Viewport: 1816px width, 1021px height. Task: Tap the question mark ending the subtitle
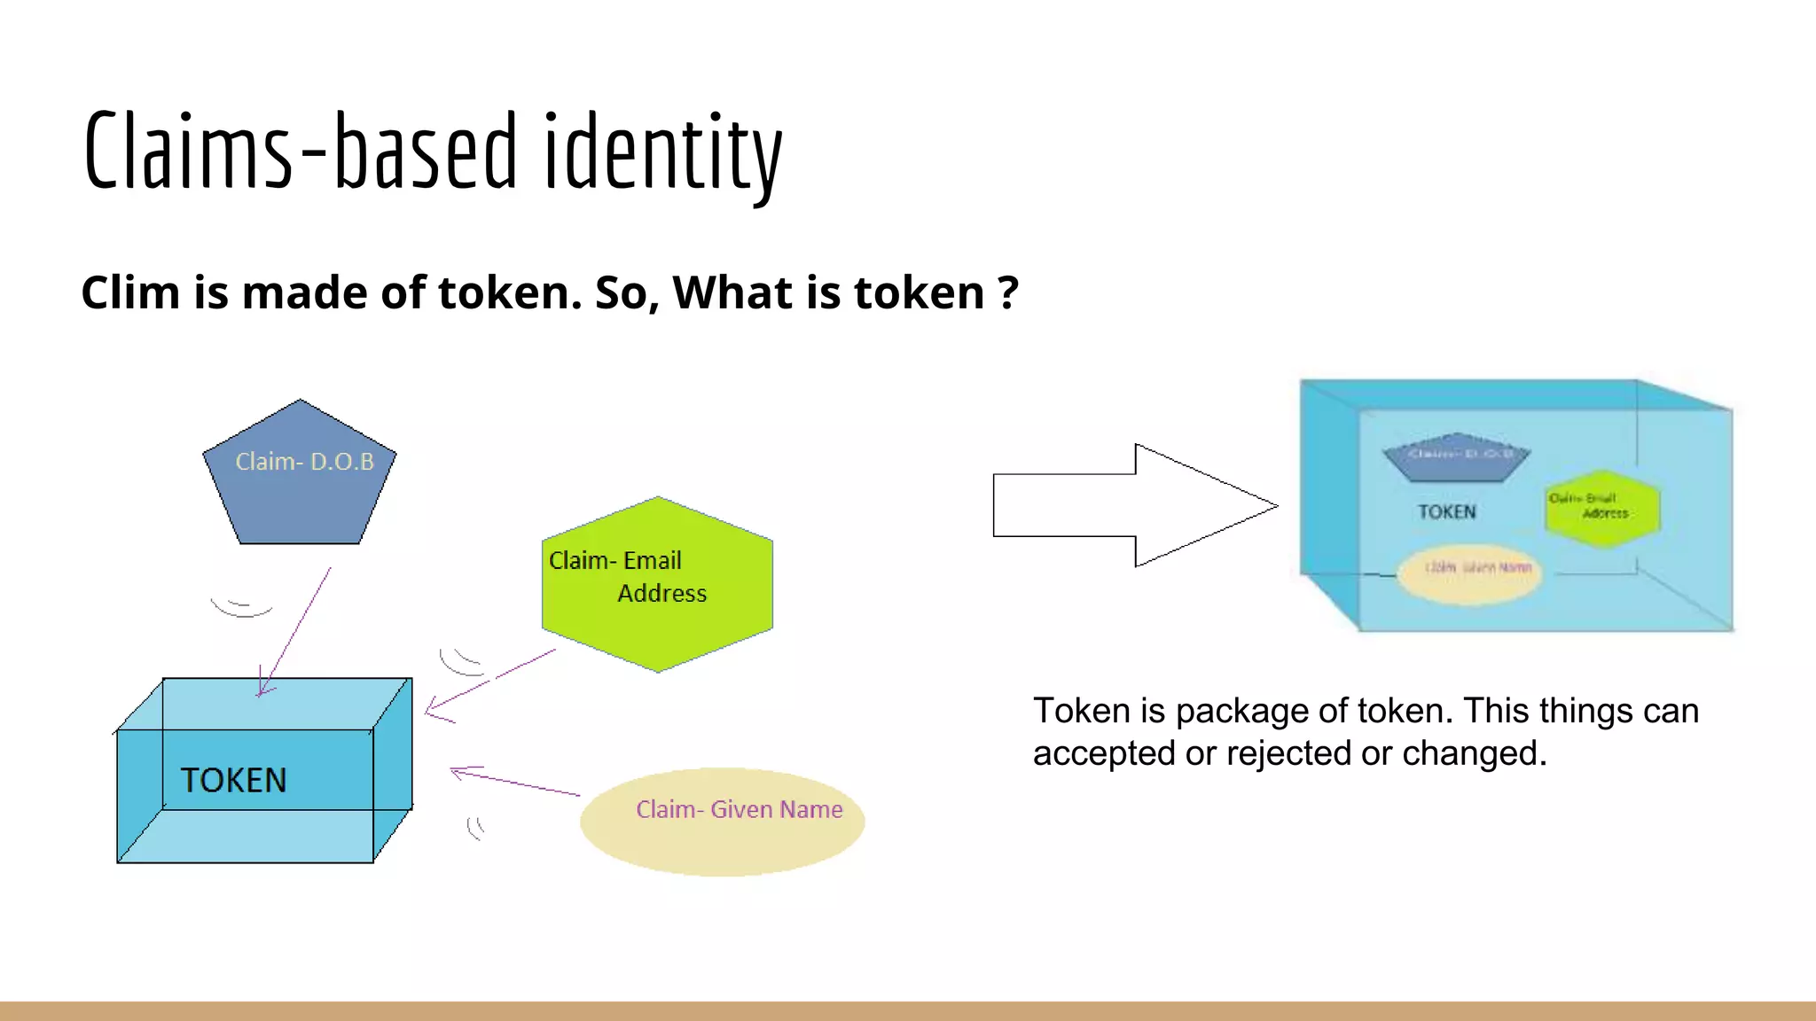click(x=1007, y=292)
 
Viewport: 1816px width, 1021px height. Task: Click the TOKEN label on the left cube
click(x=234, y=781)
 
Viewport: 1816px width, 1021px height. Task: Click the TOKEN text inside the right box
click(x=1446, y=512)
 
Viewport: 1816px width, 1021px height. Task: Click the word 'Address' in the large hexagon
click(x=661, y=593)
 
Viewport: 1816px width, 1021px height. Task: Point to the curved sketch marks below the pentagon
click(x=241, y=608)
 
